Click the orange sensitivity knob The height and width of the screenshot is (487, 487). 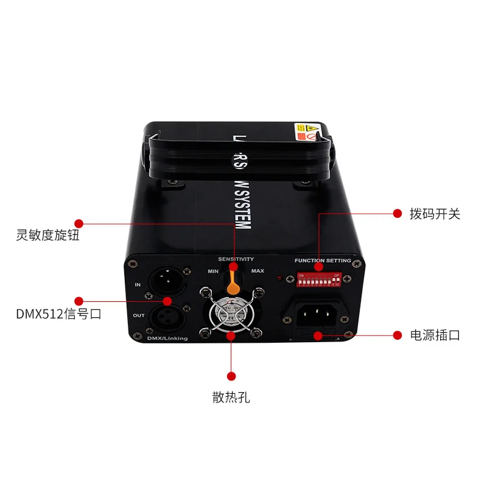point(232,282)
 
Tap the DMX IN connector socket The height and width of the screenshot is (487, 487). point(166,282)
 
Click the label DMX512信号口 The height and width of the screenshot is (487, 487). point(58,315)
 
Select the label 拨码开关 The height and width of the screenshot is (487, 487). point(435,214)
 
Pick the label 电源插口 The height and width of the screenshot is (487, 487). point(435,335)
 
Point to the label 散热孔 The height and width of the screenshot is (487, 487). point(231,398)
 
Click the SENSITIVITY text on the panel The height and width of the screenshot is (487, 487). point(236,259)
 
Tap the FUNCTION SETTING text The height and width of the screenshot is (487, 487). point(323,261)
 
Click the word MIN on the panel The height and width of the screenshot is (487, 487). point(213,270)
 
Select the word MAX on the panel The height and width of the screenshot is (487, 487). point(258,270)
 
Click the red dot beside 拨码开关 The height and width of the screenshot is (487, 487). point(398,214)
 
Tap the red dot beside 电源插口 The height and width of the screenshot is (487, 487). point(398,335)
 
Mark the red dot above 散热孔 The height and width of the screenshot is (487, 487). point(231,376)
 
